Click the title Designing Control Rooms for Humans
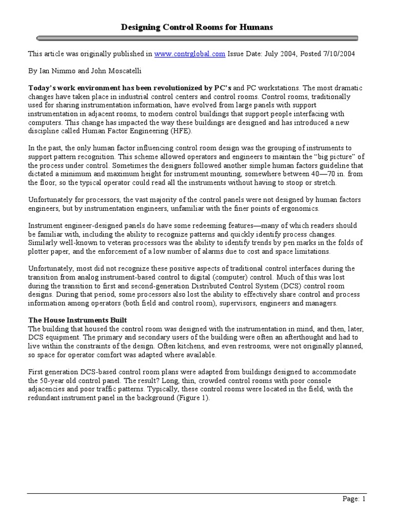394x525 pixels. (197, 27)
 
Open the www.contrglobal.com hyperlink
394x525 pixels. (189, 54)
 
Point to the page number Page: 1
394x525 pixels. (354, 499)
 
